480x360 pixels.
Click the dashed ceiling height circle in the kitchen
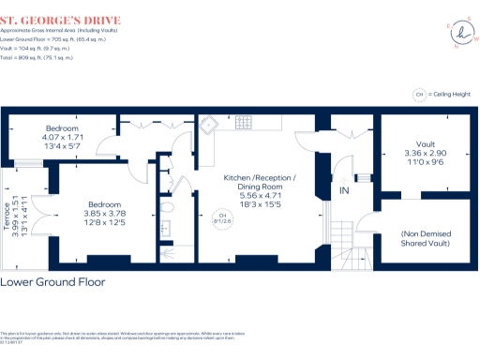223,217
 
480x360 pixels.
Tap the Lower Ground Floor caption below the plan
52,281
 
